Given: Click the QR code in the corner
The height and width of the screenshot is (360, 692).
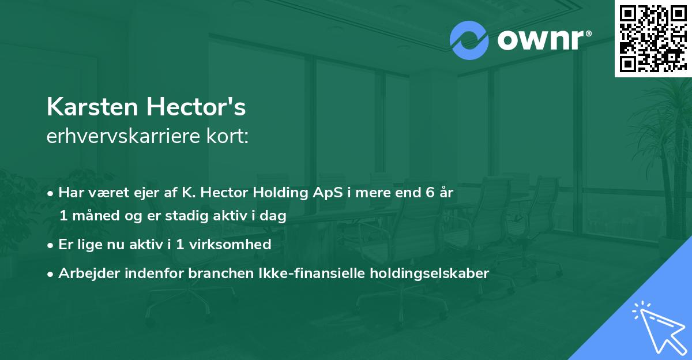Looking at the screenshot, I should pyautogui.click(x=652, y=38).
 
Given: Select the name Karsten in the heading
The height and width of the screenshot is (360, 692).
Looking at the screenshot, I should pyautogui.click(x=91, y=107).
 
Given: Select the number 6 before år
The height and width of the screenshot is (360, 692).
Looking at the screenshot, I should pyautogui.click(x=430, y=193).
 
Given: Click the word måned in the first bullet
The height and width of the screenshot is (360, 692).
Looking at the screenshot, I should pyautogui.click(x=94, y=216).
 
